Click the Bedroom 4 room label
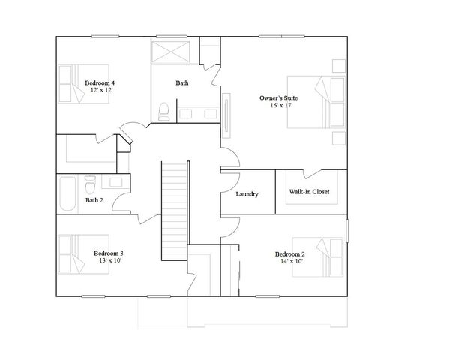[x=100, y=82]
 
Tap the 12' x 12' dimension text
[x=101, y=90]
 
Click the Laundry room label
[x=247, y=194]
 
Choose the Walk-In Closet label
[x=309, y=192]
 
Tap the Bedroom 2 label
[x=289, y=253]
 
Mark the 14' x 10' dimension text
[x=290, y=262]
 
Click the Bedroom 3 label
[x=109, y=253]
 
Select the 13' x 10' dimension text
[x=109, y=262]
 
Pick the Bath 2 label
[x=94, y=200]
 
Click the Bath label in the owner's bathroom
[x=182, y=83]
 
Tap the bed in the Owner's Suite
[x=314, y=102]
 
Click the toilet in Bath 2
[x=91, y=184]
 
